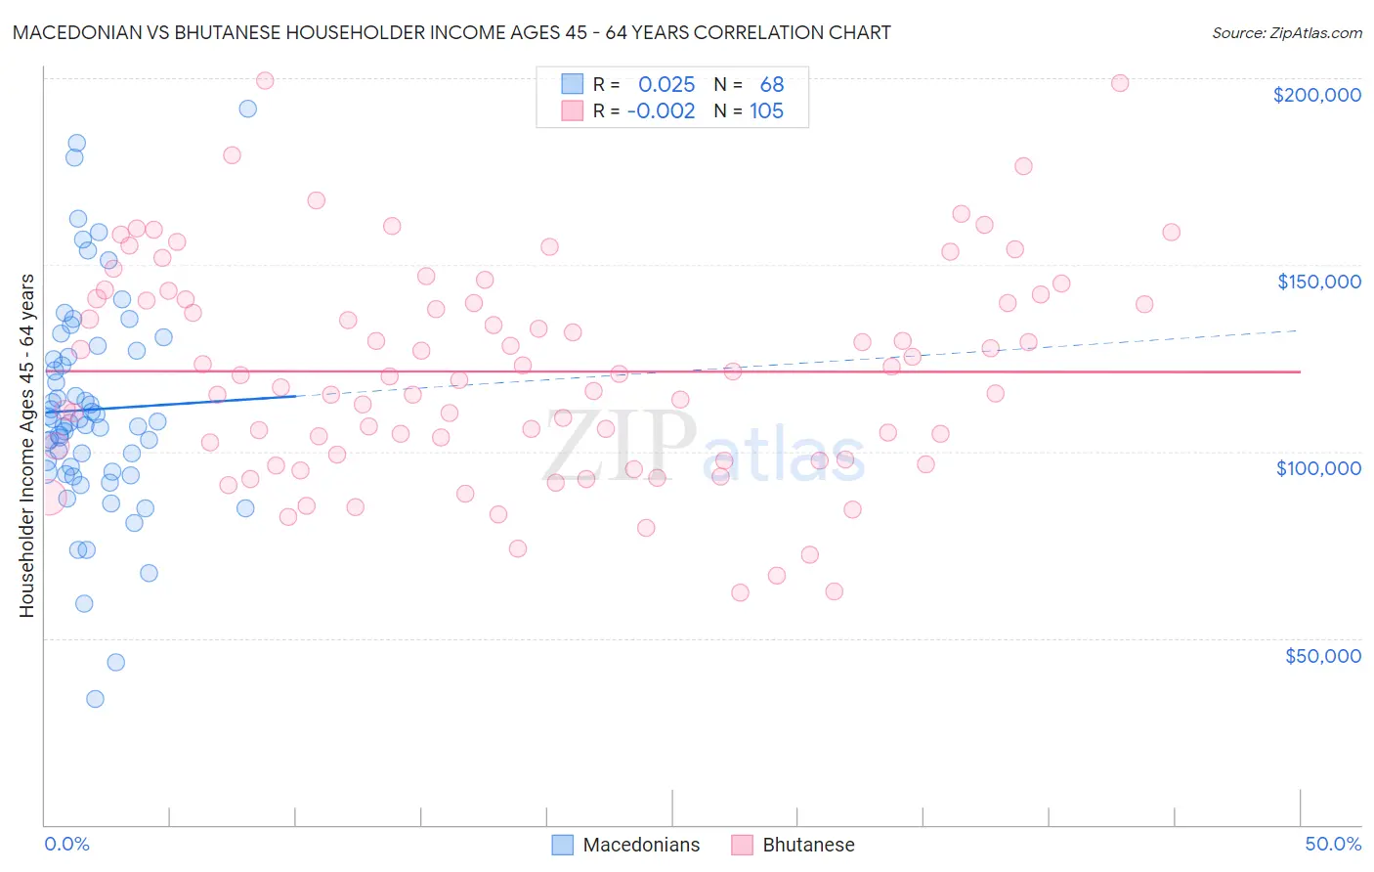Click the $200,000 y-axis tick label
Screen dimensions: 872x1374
[1316, 95]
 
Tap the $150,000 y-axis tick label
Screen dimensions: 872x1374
[1318, 282]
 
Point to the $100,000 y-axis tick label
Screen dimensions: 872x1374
[1318, 468]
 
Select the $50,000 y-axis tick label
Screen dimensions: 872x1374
[1322, 656]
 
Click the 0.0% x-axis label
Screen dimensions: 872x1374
[66, 844]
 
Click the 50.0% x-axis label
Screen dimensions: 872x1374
[1333, 844]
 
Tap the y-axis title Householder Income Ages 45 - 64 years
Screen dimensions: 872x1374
[26, 446]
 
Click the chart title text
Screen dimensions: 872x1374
[451, 32]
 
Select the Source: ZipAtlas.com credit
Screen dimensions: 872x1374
[1286, 32]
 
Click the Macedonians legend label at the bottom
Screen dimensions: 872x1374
[641, 845]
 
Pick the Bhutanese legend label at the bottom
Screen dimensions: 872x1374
[808, 845]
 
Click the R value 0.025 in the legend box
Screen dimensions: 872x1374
[666, 84]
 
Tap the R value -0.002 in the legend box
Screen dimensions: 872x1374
[662, 110]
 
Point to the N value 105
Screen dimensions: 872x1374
[766, 110]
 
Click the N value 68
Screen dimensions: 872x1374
[771, 84]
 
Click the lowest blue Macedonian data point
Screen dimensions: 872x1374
[95, 699]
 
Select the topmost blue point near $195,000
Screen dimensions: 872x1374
[248, 109]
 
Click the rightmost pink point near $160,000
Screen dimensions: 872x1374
[1171, 233]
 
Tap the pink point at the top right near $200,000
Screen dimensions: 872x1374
[1120, 83]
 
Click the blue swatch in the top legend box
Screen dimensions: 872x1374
[572, 84]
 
